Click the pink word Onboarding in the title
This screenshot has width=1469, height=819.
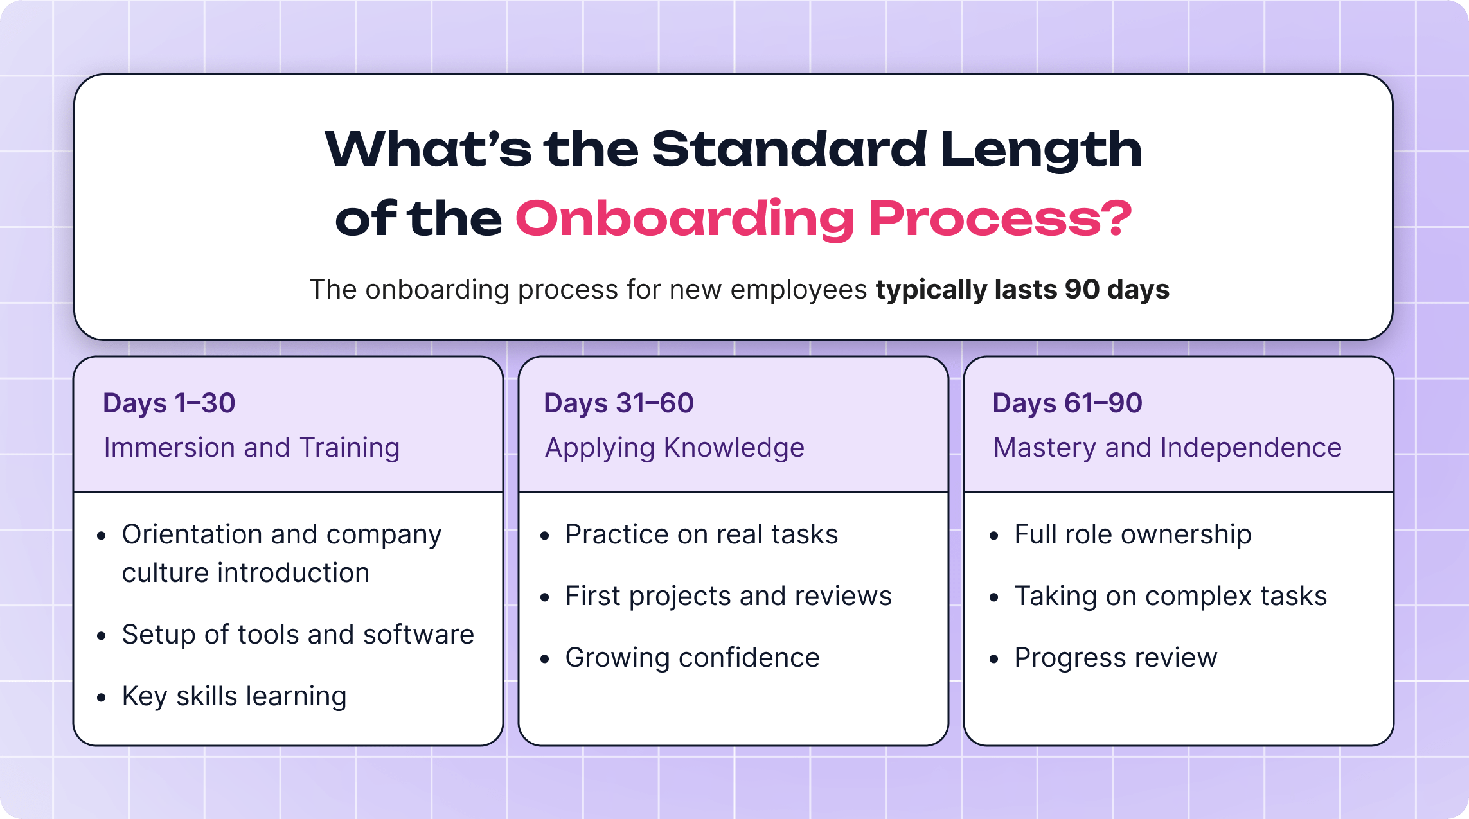[x=684, y=220]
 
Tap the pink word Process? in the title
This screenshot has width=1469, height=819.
[x=1000, y=220]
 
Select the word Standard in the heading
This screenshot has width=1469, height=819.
[x=789, y=150]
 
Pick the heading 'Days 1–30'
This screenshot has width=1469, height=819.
[x=169, y=403]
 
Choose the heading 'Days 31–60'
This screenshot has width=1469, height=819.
[x=618, y=403]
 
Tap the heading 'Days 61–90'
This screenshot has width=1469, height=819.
[x=1067, y=403]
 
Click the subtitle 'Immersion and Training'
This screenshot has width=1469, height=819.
[x=251, y=448]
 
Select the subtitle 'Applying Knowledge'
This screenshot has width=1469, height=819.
[x=674, y=448]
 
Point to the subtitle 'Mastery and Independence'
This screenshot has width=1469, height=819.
[x=1167, y=448]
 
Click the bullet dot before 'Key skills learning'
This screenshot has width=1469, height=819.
[x=101, y=697]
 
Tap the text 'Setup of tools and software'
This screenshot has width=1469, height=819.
[x=298, y=635]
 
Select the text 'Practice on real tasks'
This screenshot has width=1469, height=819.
[x=701, y=534]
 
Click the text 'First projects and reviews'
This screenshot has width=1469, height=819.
[x=728, y=596]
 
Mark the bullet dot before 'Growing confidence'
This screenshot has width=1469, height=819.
[x=545, y=659]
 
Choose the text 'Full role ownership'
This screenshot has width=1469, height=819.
[x=1132, y=534]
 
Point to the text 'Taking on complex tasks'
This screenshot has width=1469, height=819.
[x=1170, y=596]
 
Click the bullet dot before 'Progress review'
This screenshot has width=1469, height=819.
[x=994, y=659]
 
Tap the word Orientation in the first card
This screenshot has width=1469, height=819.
[x=191, y=534]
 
